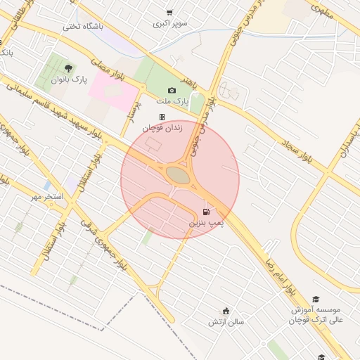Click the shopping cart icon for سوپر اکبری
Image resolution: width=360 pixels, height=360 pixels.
click(x=169, y=12)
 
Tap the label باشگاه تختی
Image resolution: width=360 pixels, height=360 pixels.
click(x=83, y=27)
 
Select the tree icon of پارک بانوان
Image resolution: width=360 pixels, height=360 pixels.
click(x=68, y=68)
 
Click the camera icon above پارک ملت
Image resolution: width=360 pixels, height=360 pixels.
click(x=172, y=90)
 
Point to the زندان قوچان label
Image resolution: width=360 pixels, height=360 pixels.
click(x=162, y=128)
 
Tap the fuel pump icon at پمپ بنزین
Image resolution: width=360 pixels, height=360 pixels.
click(x=206, y=212)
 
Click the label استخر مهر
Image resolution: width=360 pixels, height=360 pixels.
click(x=46, y=196)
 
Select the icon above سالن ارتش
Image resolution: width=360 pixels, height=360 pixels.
click(x=226, y=311)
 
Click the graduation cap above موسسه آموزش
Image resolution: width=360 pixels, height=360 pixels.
click(x=316, y=299)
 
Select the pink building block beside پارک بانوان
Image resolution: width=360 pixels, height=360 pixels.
click(x=112, y=91)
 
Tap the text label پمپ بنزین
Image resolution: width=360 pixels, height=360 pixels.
click(x=205, y=223)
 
